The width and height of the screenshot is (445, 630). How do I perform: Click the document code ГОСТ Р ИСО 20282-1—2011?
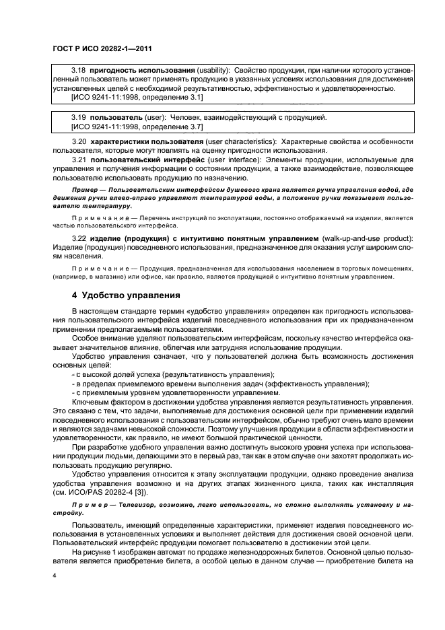[x=92, y=48]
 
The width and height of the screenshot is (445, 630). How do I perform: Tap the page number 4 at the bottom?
[x=53, y=575]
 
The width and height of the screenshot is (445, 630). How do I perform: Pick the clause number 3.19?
[x=79, y=117]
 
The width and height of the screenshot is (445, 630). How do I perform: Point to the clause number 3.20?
[x=79, y=143]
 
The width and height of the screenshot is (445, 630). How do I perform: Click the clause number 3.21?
[x=79, y=162]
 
